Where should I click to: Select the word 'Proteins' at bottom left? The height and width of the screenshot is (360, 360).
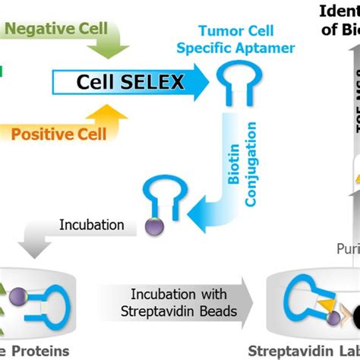click(x=38, y=351)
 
